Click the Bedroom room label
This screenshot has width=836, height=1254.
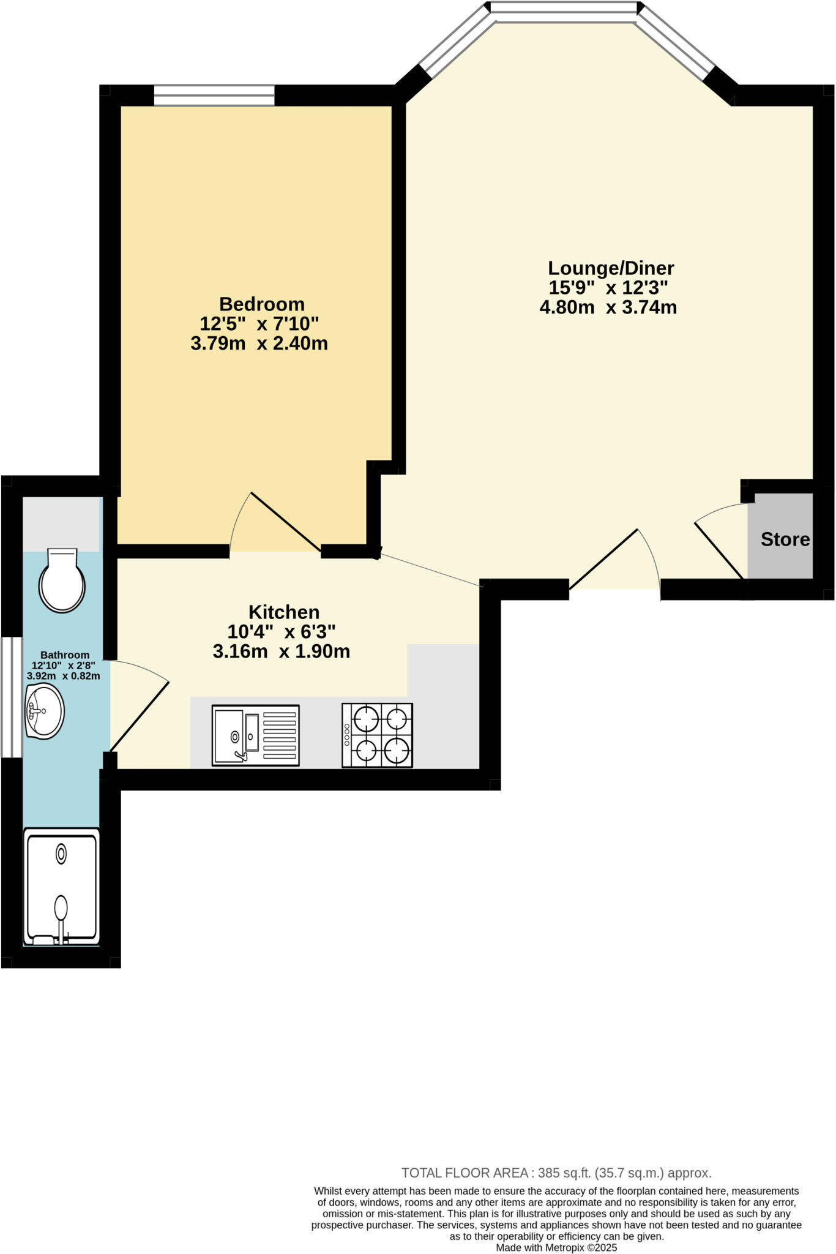[x=262, y=304]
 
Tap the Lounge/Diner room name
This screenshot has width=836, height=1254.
[x=610, y=268]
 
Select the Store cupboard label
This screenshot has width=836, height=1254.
[x=785, y=539]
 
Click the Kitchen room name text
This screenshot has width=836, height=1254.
[x=283, y=612]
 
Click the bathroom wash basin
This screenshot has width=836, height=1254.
[x=44, y=711]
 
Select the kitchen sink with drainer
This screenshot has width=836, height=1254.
[x=256, y=735]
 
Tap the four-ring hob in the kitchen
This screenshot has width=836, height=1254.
[x=378, y=735]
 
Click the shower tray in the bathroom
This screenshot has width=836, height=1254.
[x=61, y=886]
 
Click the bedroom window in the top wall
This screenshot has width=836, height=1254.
[x=214, y=96]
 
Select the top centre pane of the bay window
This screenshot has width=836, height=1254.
[x=563, y=9]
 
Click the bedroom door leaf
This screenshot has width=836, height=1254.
[x=285, y=522]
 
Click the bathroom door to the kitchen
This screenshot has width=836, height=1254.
[x=140, y=716]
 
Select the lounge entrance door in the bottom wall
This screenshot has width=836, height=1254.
[x=603, y=559]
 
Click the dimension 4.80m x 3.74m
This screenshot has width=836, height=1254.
[x=608, y=307]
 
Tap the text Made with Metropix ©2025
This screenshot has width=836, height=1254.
[x=556, y=1247]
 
